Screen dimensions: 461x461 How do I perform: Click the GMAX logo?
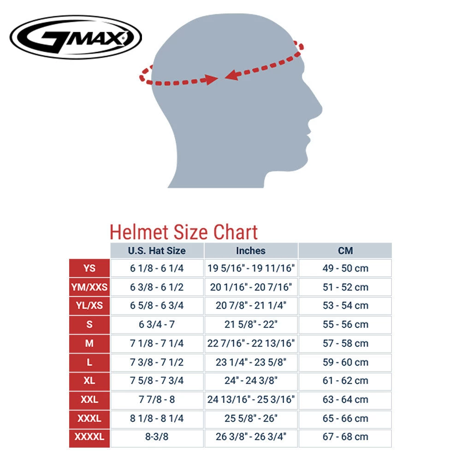pos(76,37)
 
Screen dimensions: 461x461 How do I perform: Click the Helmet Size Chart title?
pos(183,232)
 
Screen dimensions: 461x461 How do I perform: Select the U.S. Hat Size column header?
pos(157,251)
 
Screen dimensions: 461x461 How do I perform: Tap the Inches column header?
pos(251,251)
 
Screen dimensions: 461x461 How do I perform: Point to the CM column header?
pos(345,251)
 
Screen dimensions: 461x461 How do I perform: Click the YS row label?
pos(89,268)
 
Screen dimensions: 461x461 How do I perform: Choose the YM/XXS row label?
pos(89,287)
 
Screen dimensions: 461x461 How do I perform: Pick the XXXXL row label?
pos(89,437)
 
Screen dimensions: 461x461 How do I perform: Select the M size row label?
pos(89,343)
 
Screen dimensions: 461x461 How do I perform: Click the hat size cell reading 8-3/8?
pos(157,437)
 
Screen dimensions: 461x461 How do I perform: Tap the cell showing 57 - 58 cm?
pos(345,343)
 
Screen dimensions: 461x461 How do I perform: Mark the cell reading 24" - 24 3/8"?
pos(251,381)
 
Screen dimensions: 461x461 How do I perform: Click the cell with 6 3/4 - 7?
pos(157,325)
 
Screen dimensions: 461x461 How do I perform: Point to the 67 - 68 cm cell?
pos(345,437)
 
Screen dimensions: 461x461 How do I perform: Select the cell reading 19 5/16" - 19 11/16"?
pos(251,268)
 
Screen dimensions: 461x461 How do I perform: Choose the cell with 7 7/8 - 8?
pos(157,399)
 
